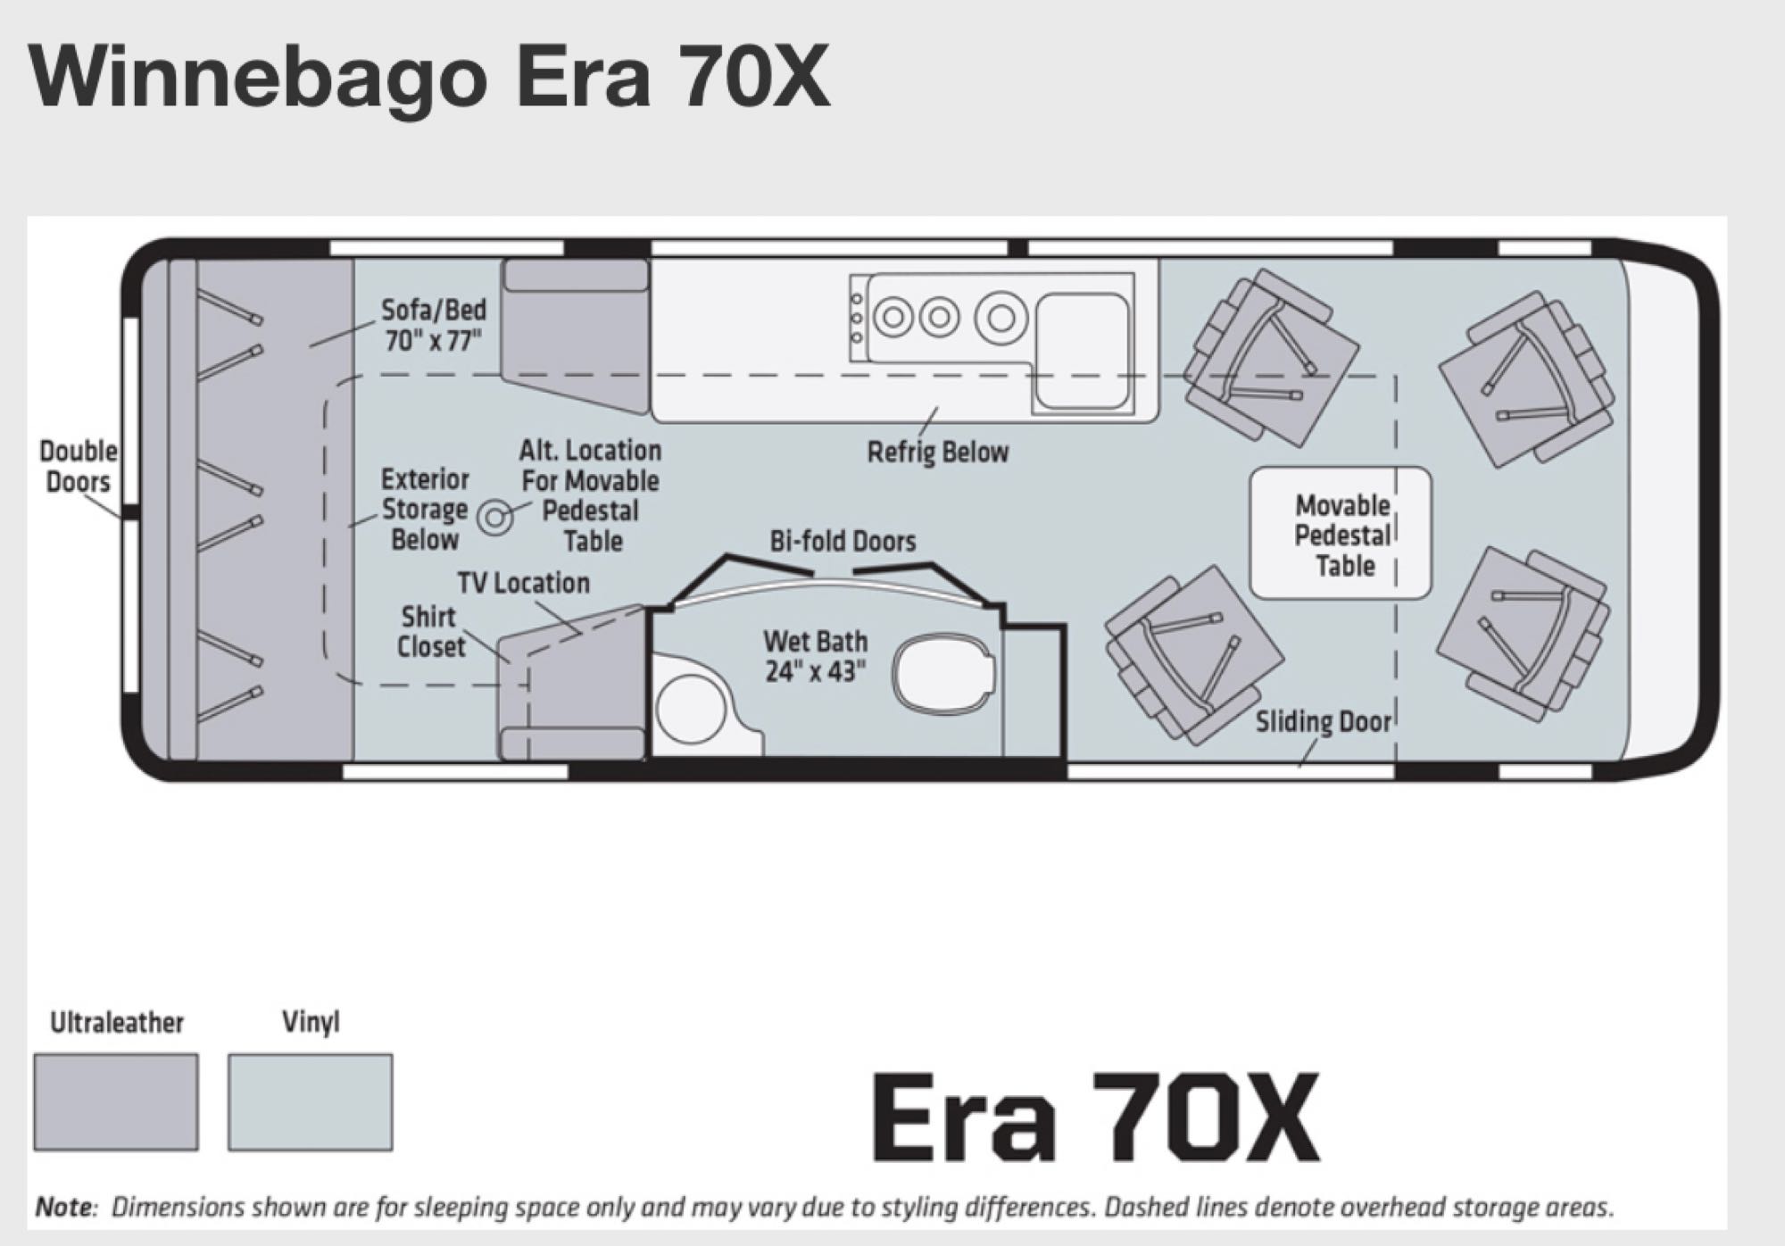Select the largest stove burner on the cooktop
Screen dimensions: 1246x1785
tap(1000, 317)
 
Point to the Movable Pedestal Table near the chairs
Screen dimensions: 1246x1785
tap(1341, 534)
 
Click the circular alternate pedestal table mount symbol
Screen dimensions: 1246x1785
tap(494, 516)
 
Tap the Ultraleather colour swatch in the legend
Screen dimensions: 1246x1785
tap(116, 1101)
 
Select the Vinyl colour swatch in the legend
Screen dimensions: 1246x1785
tap(310, 1101)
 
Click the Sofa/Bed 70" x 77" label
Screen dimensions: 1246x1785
tap(434, 325)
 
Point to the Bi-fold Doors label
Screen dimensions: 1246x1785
tap(843, 541)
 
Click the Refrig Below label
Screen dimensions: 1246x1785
tap(937, 452)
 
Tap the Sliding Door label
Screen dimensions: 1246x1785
tap(1323, 721)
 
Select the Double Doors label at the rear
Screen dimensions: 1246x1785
tap(78, 466)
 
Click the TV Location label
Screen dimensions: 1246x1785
tap(523, 583)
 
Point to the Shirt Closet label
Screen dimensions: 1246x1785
tap(430, 631)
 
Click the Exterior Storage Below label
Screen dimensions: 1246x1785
tap(424, 509)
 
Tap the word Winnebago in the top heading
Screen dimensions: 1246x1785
tap(259, 77)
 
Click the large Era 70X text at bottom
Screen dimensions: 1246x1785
tap(1095, 1118)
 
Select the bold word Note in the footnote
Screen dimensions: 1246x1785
tap(64, 1208)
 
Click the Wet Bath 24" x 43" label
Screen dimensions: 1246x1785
tap(815, 656)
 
